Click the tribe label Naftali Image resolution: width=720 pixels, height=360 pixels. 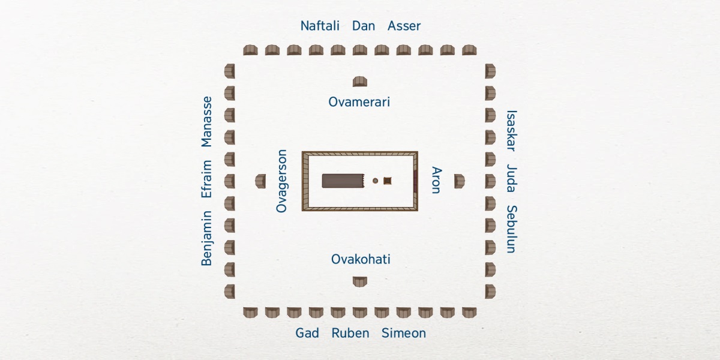pos(320,26)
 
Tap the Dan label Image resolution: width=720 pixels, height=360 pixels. pos(364,26)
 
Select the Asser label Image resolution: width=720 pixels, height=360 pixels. pos(404,26)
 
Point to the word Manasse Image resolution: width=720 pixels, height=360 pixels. pos(207,121)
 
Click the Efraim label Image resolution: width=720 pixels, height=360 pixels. pos(207,179)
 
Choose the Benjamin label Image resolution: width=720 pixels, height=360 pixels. pos(207,238)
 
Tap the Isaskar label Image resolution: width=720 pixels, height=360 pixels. pos(511,131)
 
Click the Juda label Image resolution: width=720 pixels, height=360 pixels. pos(511,178)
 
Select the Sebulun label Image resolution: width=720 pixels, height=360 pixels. pos(511,229)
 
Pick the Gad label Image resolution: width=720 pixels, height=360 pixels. pos(307,333)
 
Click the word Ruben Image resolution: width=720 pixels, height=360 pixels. pos(350,333)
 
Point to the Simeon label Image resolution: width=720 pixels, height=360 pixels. pos(404,333)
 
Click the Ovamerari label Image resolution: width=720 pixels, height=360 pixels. pos(359,102)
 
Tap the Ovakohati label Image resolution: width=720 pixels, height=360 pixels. pos(361,259)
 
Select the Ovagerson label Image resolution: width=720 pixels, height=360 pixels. pos(282,181)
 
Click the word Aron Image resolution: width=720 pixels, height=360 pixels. pos(436,180)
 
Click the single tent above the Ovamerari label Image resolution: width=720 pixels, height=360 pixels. pos(360,82)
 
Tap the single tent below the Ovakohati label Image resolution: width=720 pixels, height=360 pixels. pos(360,281)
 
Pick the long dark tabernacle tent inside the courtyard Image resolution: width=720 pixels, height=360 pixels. pos(343,181)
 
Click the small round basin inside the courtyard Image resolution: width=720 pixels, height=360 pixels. pos(376,181)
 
